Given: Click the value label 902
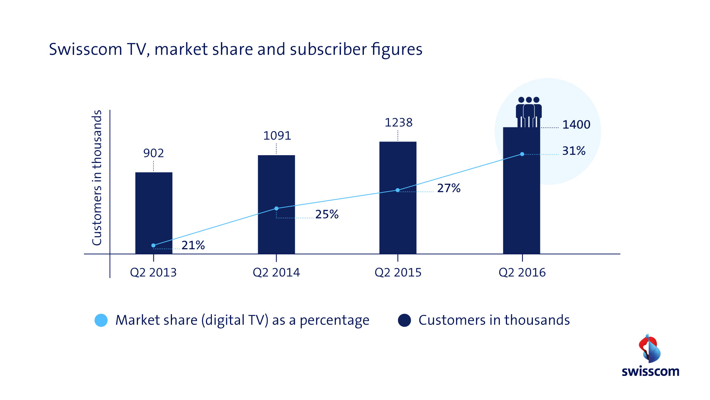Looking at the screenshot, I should (x=153, y=153).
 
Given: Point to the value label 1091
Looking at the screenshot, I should (x=277, y=136).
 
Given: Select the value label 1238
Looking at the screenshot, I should (x=398, y=123).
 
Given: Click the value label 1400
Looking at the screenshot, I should (x=576, y=124).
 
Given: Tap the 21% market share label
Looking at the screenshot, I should (x=193, y=245).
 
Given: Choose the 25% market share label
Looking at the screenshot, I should (x=327, y=214).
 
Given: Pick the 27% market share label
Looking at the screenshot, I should (x=449, y=188).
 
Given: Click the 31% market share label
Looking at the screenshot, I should (x=574, y=151).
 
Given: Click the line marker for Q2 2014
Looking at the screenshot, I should (x=276, y=209).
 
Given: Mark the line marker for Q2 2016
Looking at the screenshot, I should (x=522, y=154).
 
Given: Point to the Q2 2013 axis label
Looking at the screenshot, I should (x=153, y=273).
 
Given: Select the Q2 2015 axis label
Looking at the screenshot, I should (x=398, y=273).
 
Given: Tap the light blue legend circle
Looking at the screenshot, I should (x=101, y=320).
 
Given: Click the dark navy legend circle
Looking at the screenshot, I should (x=404, y=320).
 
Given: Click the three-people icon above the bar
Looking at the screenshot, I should (x=529, y=111).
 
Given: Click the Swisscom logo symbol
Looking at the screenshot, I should (x=650, y=349).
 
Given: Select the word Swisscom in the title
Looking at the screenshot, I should (x=85, y=49).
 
